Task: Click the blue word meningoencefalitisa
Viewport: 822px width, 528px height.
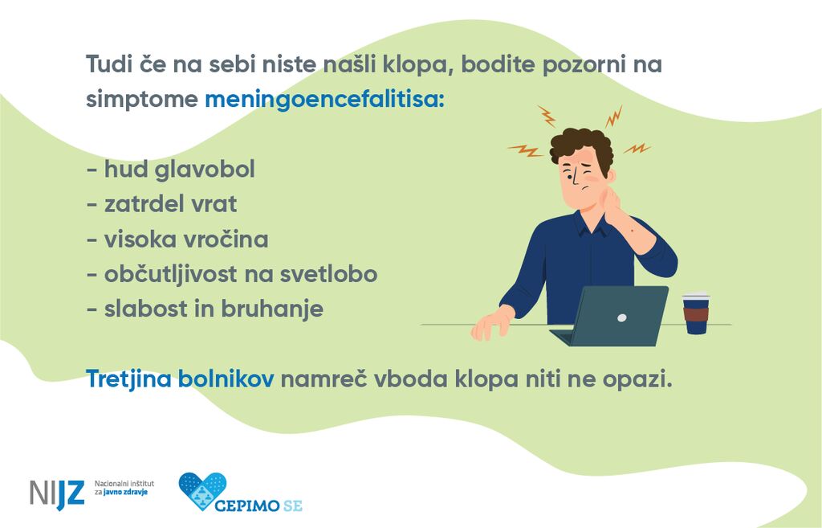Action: [x=324, y=99]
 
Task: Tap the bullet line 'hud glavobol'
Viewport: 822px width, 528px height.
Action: [x=171, y=169]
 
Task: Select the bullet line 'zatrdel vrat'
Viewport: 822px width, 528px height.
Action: [x=161, y=203]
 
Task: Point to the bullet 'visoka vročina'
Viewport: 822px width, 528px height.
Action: [x=177, y=239]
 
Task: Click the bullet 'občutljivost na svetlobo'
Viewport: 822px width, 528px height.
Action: [x=232, y=274]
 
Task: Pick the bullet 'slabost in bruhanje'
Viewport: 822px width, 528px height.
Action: [x=205, y=309]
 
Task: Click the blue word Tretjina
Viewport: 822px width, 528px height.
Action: [x=129, y=379]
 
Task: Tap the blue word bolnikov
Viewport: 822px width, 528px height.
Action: [x=226, y=379]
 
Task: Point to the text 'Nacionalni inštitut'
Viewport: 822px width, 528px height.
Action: [x=124, y=483]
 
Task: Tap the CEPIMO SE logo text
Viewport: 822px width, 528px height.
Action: [x=258, y=505]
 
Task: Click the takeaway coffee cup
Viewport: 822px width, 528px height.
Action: [x=696, y=313]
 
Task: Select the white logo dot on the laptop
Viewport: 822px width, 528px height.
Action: [x=622, y=317]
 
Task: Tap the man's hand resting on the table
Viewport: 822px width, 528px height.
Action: [x=491, y=322]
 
